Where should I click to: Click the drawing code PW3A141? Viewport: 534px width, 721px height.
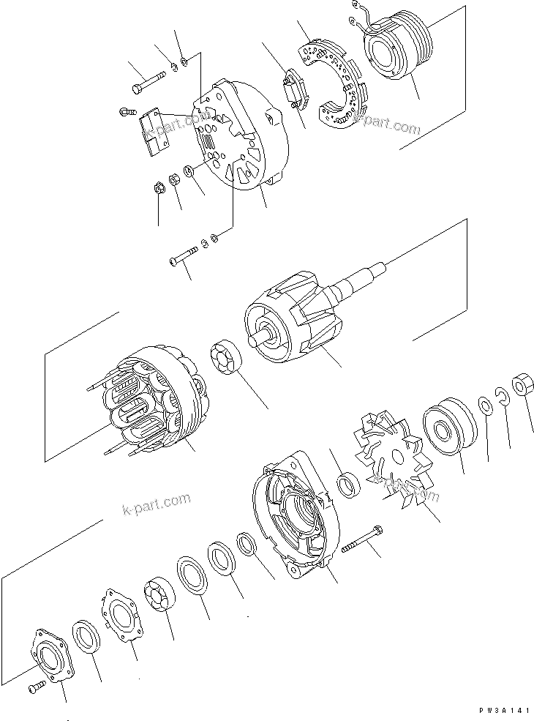coord(500,711)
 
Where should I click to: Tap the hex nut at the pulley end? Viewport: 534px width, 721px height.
coord(522,385)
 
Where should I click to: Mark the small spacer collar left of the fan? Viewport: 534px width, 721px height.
coord(349,484)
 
